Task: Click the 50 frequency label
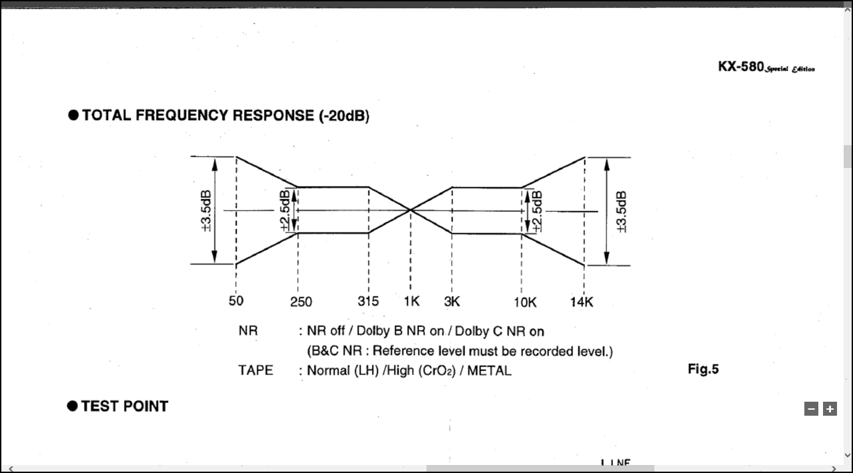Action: pos(236,300)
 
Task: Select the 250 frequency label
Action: pos(301,302)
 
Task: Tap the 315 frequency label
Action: pos(368,301)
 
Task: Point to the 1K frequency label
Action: pos(412,301)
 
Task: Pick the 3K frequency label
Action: pos(452,301)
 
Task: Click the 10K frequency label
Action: pos(525,302)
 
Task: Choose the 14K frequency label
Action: pos(582,302)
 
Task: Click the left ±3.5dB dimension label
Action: pos(206,211)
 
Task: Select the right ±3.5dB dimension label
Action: pos(621,211)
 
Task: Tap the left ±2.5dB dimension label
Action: pos(285,211)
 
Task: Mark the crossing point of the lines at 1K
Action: pos(411,211)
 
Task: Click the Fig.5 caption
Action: pos(703,369)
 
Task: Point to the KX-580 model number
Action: pos(740,67)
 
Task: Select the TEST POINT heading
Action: pos(125,406)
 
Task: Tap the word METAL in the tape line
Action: pos(489,370)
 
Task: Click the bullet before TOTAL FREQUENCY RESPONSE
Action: pos(73,115)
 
